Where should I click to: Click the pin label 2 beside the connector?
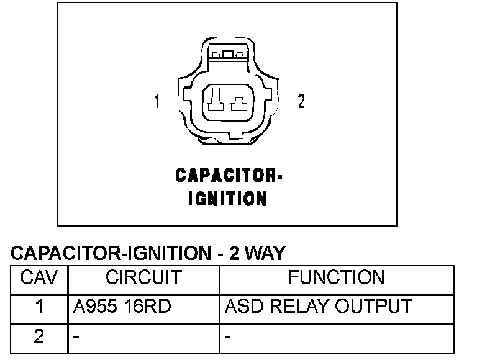point(301,101)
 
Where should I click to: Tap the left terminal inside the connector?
point(216,99)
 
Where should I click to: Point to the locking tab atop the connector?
point(229,55)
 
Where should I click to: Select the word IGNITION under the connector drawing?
point(227,199)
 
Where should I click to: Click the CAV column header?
point(39,277)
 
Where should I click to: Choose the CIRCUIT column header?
point(143,277)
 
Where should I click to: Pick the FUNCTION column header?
point(337,277)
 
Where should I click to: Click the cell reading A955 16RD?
point(121,307)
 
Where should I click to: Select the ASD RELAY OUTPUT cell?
point(318,307)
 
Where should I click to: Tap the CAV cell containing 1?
point(39,307)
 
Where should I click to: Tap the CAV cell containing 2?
point(39,336)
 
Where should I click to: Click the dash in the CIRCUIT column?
point(75,338)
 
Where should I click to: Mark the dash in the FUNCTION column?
point(228,338)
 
